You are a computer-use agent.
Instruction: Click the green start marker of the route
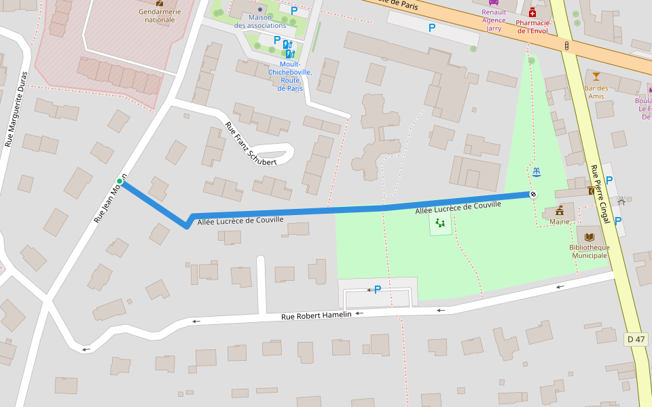tap(120, 180)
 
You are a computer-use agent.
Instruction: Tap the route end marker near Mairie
tap(533, 195)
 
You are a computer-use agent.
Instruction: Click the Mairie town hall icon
tap(560, 210)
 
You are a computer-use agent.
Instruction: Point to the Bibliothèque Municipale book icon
tap(589, 237)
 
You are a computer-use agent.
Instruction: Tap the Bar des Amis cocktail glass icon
tap(596, 76)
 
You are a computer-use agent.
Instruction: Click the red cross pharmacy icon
tap(532, 12)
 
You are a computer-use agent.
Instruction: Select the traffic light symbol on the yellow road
tap(566, 45)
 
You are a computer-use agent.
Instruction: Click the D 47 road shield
tap(636, 338)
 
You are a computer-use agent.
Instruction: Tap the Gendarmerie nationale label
tap(160, 16)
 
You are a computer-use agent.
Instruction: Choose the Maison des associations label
tap(260, 21)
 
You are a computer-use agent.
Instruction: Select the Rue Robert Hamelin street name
tap(316, 315)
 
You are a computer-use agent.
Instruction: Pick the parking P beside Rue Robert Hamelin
tap(377, 290)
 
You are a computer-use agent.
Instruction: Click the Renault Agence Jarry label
tap(494, 20)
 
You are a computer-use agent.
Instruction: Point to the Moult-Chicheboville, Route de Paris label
tap(290, 76)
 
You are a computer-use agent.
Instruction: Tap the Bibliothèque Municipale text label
tap(589, 251)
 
